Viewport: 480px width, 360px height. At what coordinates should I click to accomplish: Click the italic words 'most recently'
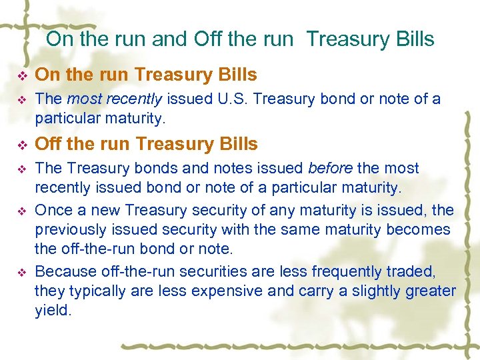tap(115, 99)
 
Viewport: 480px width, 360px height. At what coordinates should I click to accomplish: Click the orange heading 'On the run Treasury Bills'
tap(146, 74)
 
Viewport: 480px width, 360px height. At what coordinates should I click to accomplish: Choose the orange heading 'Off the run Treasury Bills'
tap(146, 144)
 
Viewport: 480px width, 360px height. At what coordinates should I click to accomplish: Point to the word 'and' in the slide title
tap(170, 39)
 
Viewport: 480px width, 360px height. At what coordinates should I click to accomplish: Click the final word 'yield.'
tap(53, 310)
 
